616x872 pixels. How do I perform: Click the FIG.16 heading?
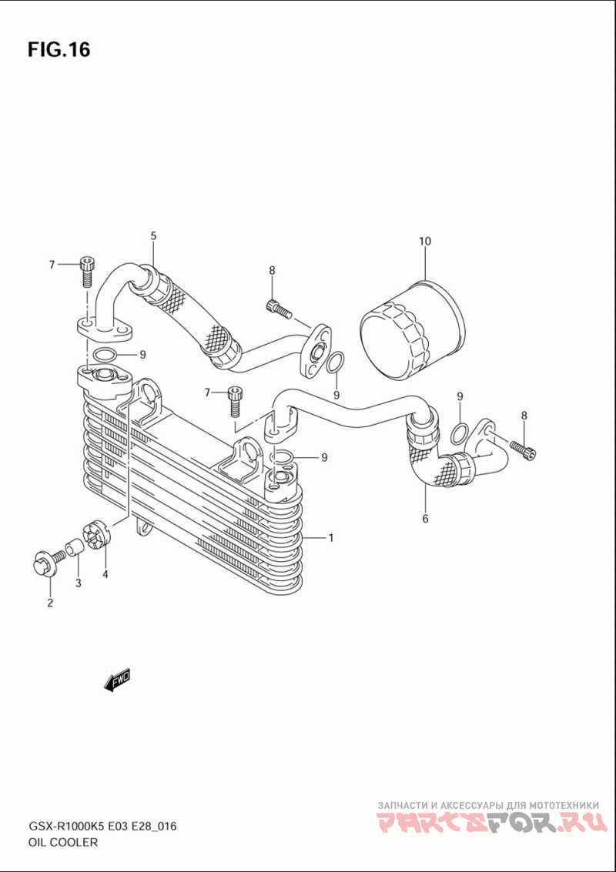click(x=59, y=49)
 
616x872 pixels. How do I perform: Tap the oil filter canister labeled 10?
click(x=413, y=332)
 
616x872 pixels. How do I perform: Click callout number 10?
click(x=424, y=242)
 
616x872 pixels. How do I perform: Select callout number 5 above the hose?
click(x=153, y=236)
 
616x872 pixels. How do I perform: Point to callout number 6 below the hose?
click(x=425, y=519)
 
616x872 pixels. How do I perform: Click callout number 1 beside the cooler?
click(x=330, y=538)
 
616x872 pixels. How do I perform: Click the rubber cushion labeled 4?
click(x=97, y=534)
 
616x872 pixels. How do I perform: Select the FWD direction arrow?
click(x=117, y=679)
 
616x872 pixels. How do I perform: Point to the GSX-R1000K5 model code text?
click(x=66, y=827)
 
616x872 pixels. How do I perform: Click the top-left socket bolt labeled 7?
click(x=87, y=271)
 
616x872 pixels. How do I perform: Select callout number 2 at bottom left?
click(x=50, y=603)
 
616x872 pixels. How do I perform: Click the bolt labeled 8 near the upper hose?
click(x=279, y=308)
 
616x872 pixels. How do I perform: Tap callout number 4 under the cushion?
click(x=105, y=574)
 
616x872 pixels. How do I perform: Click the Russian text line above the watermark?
click(x=488, y=805)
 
